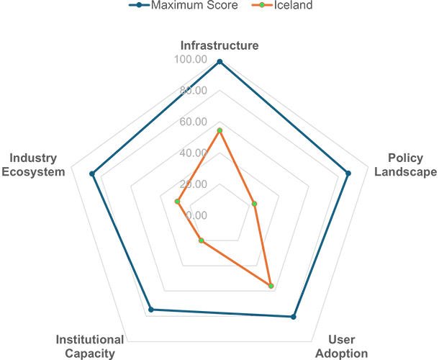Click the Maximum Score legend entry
(184, 5)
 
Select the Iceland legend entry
(282, 5)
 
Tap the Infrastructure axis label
(219, 45)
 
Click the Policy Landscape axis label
(406, 165)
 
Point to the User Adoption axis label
(342, 346)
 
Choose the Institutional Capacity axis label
(90, 346)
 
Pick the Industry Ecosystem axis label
(33, 165)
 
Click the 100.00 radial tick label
(191, 59)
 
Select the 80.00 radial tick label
(193, 91)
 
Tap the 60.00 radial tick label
(193, 122)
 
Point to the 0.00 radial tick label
(196, 215)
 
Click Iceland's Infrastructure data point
(219, 130)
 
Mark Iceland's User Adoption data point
(271, 286)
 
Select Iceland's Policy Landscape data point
(255, 204)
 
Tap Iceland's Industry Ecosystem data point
(177, 202)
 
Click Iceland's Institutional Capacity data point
(201, 240)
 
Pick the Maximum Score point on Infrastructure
(219, 62)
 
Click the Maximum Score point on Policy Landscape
(348, 174)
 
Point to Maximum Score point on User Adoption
(293, 317)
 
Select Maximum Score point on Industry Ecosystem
(92, 174)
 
